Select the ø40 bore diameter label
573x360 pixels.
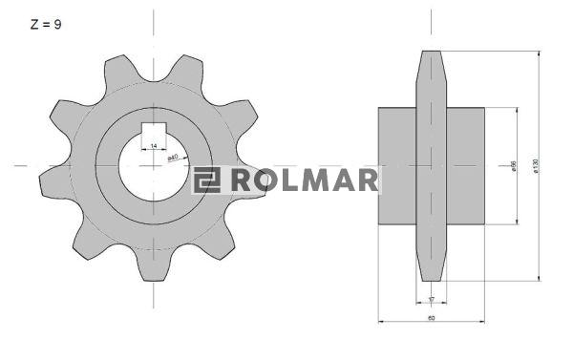[174, 156]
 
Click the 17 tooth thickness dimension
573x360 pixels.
[432, 299]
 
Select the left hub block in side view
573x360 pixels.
[397, 165]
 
